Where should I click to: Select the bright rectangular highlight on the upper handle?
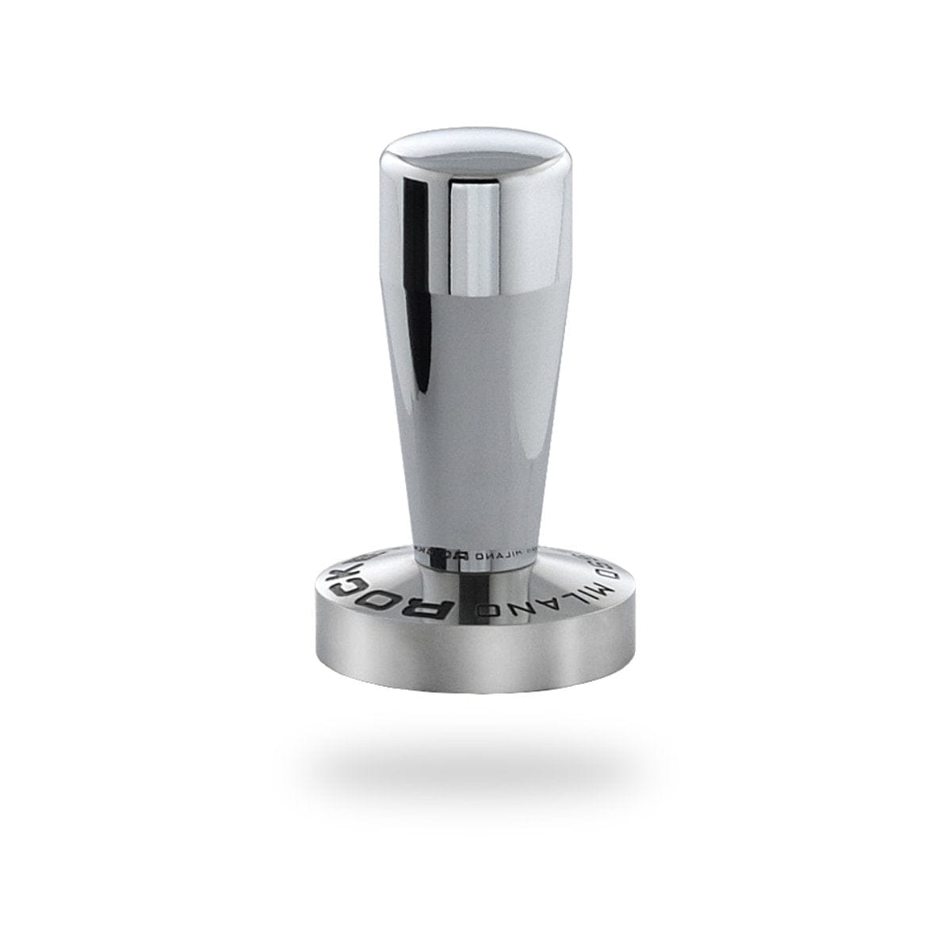click(x=476, y=238)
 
